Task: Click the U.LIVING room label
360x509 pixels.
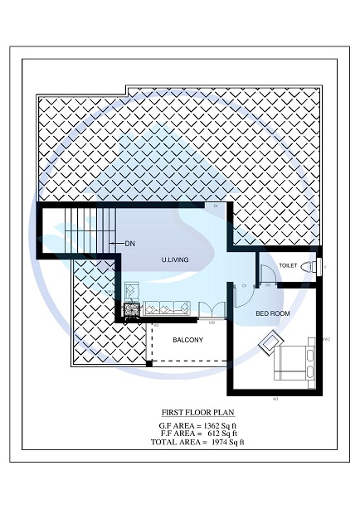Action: click(175, 259)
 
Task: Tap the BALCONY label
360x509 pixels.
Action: click(188, 341)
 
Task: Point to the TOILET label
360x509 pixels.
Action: click(288, 265)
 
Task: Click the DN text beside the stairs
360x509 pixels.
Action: click(129, 244)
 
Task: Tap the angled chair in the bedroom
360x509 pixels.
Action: click(271, 342)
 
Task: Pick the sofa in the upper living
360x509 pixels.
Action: click(166, 309)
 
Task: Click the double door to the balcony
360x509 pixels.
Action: click(211, 311)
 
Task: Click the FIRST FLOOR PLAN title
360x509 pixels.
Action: click(198, 411)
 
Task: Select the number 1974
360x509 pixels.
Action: click(215, 442)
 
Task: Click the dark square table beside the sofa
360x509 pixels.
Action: click(130, 311)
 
